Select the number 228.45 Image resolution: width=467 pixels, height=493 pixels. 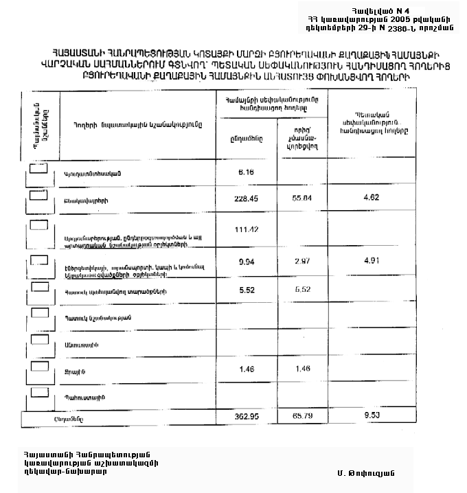(x=246, y=198)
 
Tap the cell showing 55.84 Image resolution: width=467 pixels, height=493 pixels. (x=302, y=198)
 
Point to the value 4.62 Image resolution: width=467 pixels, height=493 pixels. (x=371, y=198)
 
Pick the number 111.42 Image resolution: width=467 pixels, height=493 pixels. (x=246, y=229)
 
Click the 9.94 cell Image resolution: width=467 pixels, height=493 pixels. (x=246, y=262)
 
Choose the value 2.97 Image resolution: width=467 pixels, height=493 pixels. (x=302, y=262)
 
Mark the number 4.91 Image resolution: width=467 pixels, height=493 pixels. (x=371, y=262)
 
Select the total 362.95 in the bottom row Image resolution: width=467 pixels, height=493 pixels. (x=246, y=416)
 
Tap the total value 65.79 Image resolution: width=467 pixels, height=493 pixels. (x=302, y=416)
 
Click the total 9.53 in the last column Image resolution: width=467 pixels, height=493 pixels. (x=371, y=416)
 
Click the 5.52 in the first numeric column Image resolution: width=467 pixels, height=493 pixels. (x=246, y=290)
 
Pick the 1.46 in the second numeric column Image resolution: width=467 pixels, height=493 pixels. (x=302, y=369)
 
